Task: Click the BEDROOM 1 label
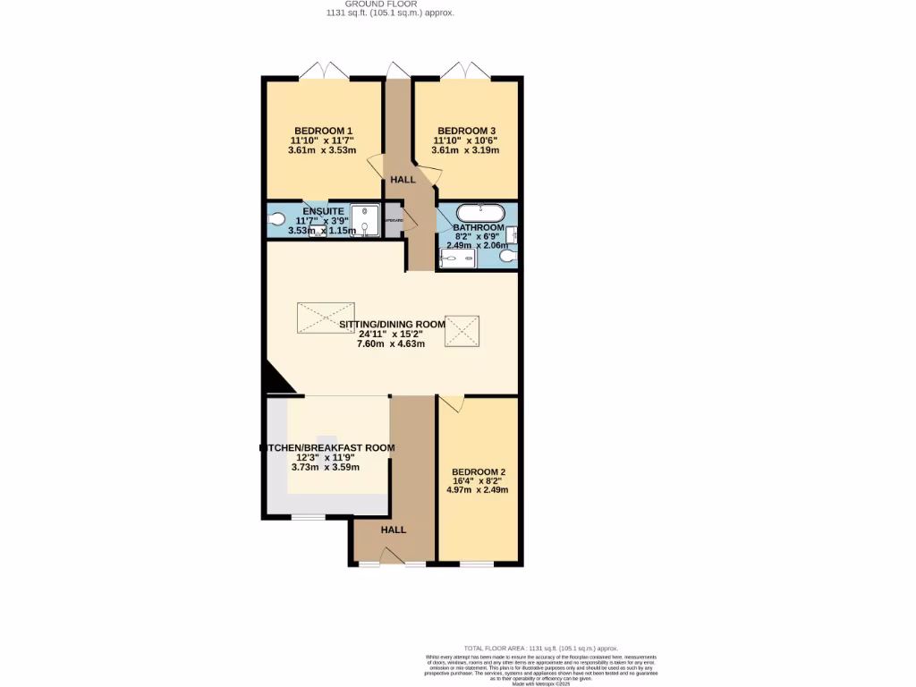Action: point(322,131)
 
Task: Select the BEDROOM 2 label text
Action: point(479,472)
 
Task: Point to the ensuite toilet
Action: point(276,218)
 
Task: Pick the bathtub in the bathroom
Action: point(481,213)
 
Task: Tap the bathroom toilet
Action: point(508,257)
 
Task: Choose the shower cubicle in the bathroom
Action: point(458,259)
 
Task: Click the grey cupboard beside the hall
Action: point(393,220)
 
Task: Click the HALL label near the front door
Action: point(394,530)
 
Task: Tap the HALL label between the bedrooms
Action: point(403,180)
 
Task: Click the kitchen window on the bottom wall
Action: point(309,517)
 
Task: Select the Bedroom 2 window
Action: point(477,564)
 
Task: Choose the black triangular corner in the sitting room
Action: point(278,382)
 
